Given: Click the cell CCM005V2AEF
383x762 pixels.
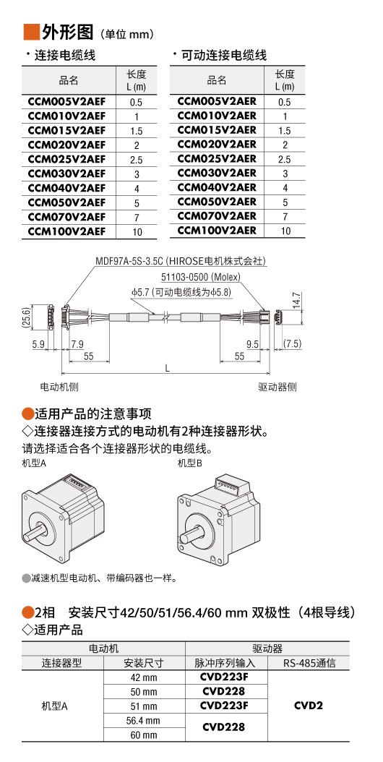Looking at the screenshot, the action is [66, 102].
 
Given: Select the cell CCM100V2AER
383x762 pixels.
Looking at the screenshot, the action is [217, 230].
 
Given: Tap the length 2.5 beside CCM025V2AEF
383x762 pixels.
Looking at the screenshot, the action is [137, 160].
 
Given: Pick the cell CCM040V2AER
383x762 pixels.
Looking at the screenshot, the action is [217, 187].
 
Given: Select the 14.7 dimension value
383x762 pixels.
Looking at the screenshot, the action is [296, 301].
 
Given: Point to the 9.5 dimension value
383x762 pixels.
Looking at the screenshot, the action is [252, 344].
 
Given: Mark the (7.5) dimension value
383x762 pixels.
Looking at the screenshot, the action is [292, 344].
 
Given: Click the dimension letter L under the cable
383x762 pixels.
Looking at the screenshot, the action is [167, 368].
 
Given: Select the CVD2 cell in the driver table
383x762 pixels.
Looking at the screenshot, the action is [308, 706].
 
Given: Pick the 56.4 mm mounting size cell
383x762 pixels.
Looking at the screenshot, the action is [144, 720].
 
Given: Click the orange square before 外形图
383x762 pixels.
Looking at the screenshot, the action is [31, 32].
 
